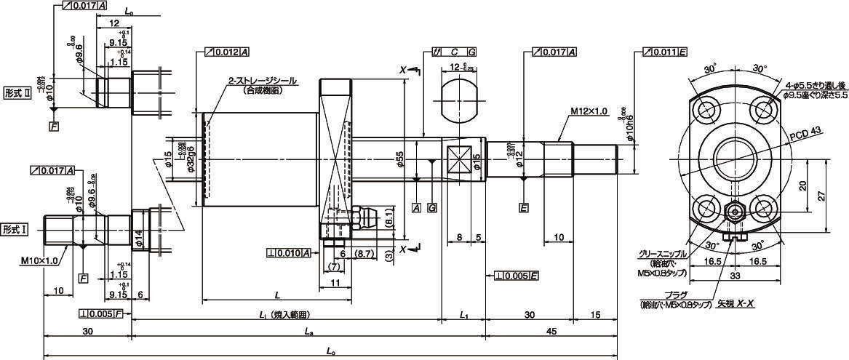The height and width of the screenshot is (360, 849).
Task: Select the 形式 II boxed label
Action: click(x=17, y=93)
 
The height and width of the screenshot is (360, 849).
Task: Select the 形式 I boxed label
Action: click(x=16, y=229)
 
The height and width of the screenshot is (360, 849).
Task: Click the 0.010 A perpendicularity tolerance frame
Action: click(x=290, y=253)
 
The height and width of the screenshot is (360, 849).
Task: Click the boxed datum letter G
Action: click(x=433, y=208)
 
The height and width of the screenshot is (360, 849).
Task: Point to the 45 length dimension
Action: click(x=551, y=332)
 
